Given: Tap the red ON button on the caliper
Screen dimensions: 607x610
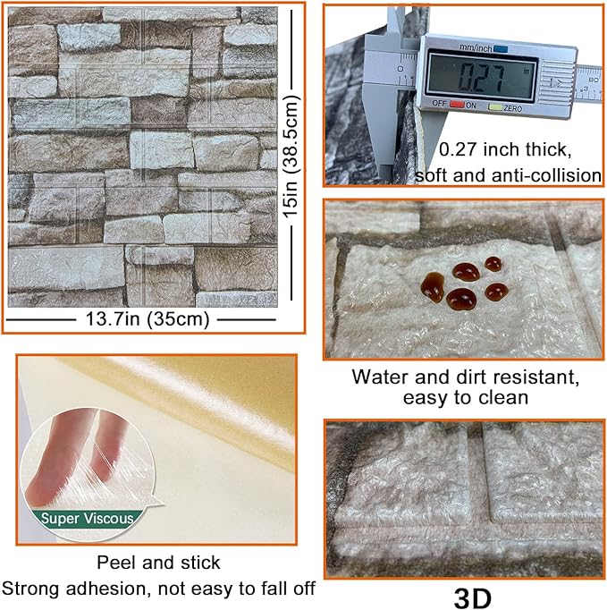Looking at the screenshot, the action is click(x=457, y=105).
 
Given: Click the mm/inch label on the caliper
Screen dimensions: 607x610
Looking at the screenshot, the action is click(x=476, y=48).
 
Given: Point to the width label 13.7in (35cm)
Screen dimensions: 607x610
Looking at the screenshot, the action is click(x=148, y=319).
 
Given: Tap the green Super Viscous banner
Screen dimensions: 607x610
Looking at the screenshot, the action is click(x=87, y=519).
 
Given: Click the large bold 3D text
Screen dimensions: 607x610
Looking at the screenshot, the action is click(x=472, y=597).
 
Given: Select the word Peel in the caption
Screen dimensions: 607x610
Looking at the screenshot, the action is click(x=115, y=563).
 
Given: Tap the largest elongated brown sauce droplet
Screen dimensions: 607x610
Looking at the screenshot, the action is click(x=433, y=287).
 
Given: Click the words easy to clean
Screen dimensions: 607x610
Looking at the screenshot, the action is click(x=466, y=398).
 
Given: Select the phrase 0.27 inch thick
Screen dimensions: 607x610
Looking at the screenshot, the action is click(x=505, y=149).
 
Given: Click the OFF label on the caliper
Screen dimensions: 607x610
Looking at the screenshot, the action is click(x=439, y=104).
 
